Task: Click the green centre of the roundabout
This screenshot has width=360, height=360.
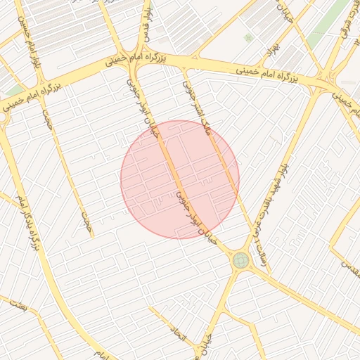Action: [240, 260]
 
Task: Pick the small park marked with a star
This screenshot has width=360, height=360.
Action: [247, 37]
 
